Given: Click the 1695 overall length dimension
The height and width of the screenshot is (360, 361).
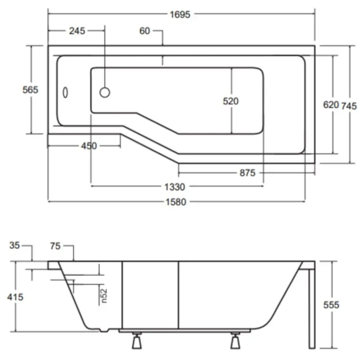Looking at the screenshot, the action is (x=180, y=14).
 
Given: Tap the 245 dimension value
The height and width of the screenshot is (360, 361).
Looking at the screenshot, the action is (x=77, y=31).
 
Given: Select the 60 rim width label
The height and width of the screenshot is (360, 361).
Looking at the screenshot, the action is (x=144, y=31).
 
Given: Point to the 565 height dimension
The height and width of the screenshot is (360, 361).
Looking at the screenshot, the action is (x=30, y=89).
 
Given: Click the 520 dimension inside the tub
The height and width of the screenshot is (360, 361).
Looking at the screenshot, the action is (x=231, y=101).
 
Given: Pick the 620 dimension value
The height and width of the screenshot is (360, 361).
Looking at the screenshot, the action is (x=331, y=105).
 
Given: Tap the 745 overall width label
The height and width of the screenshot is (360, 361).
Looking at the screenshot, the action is (x=349, y=106).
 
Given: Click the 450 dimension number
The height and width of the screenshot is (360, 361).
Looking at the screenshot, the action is (x=89, y=146).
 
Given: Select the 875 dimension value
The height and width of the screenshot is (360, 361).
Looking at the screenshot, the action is (x=247, y=173).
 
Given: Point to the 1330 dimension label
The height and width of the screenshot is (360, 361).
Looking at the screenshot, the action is (x=175, y=187).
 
